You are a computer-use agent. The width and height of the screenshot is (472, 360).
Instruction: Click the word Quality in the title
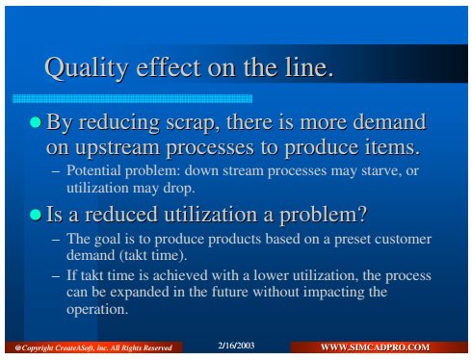(86, 68)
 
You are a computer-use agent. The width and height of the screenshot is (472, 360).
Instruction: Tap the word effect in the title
(169, 67)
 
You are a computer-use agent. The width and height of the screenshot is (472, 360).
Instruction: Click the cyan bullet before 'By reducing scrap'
(36, 122)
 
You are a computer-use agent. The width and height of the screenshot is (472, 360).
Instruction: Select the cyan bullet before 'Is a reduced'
(36, 215)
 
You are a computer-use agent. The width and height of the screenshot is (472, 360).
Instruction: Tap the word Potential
(93, 170)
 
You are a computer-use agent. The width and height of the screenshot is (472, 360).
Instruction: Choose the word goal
(107, 240)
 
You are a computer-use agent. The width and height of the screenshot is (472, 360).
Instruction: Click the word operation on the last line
(97, 310)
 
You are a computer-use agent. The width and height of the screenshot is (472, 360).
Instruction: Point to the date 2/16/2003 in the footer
(236, 346)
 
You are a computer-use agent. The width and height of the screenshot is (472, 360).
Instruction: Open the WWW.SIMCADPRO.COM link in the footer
(375, 347)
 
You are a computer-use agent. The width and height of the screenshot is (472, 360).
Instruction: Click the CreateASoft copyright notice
(93, 347)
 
